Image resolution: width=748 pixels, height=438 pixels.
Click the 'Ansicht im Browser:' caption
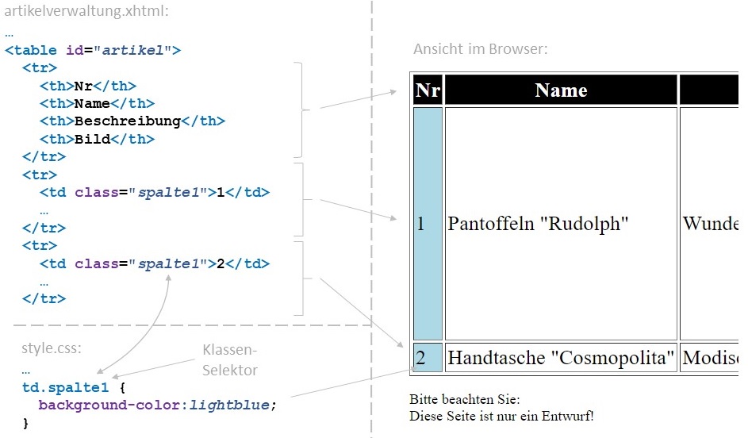pos(480,49)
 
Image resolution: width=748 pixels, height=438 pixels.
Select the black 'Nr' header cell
pos(428,90)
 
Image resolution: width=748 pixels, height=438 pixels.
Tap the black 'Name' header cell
pos(561,90)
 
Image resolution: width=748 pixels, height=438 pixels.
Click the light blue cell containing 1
pos(428,224)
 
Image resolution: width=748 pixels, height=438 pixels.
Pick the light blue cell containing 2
pos(428,358)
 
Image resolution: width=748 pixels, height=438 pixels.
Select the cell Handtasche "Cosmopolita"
pos(561,358)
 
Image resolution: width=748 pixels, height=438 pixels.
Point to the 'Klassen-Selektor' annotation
pos(230,359)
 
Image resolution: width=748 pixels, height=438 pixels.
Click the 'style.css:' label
pos(52,348)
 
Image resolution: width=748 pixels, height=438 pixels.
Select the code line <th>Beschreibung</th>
pos(132,121)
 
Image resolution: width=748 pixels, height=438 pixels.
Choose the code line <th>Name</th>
pos(98,103)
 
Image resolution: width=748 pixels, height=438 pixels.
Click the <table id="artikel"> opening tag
pos(93,50)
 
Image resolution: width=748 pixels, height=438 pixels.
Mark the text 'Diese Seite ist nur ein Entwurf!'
pos(501,416)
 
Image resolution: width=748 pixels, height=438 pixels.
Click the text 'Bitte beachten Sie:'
pos(465,399)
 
